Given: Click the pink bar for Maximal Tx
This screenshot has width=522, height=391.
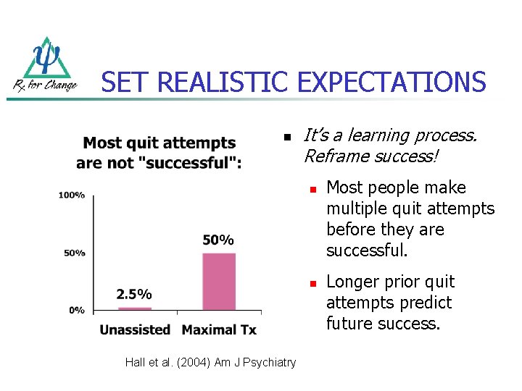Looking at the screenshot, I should [x=219, y=281].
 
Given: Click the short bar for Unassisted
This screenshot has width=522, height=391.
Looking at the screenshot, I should [x=134, y=308].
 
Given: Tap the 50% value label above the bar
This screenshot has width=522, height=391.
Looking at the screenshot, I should [x=218, y=240].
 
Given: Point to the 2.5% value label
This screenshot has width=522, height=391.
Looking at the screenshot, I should [x=134, y=294].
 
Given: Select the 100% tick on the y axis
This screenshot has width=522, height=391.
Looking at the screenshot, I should [x=72, y=195].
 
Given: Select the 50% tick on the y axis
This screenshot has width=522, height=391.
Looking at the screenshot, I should [x=75, y=253].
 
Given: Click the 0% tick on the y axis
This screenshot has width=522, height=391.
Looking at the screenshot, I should [x=77, y=310].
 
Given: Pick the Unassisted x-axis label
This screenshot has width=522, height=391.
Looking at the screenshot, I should [x=135, y=330].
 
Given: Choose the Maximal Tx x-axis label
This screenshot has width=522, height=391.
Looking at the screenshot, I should [x=219, y=330].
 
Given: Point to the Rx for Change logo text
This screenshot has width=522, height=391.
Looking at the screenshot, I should [x=45, y=85].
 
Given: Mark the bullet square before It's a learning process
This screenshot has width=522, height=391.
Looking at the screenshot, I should [x=287, y=137].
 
